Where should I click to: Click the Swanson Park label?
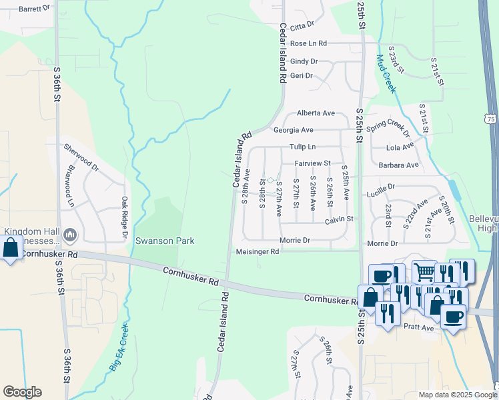pos(165,241)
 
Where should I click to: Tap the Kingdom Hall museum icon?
pos(70,235)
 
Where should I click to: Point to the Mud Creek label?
pos(386,73)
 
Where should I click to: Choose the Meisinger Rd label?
pos(258,252)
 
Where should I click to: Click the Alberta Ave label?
pos(316,113)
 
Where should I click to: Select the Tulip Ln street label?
pos(302,147)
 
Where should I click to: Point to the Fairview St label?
pos(314,163)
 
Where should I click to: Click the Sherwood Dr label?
pos(81,158)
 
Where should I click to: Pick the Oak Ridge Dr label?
pos(124,217)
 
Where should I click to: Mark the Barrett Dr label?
pos(35,9)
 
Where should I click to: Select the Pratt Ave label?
pos(418,327)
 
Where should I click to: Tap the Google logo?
pos(22,392)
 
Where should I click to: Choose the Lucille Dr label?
pos(381,188)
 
